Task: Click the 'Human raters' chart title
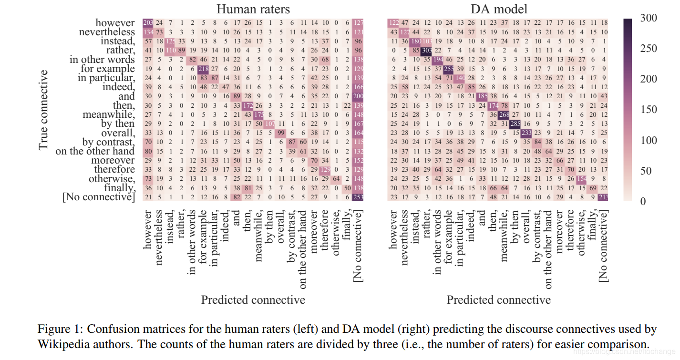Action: (253, 9)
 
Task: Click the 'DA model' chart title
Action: (498, 9)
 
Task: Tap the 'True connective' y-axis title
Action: (43, 110)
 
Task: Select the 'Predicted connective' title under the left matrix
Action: (253, 300)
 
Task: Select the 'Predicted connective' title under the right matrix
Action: (498, 300)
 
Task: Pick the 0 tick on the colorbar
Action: (644, 201)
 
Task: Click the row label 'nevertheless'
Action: (107, 32)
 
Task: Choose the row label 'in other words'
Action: (102, 60)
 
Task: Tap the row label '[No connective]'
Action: (99, 197)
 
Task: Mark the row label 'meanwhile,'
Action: (109, 114)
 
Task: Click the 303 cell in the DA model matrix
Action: (426, 50)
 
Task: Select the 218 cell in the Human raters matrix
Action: (203, 69)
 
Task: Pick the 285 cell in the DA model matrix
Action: (515, 123)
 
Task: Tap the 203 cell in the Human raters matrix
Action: (148, 23)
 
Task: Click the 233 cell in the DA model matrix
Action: (526, 133)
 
